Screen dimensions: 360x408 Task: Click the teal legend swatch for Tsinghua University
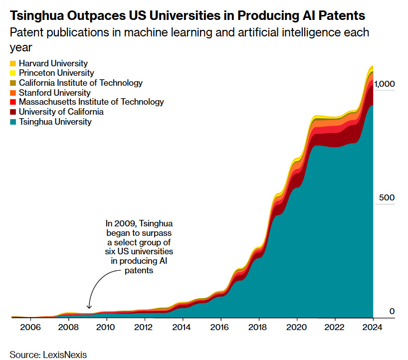pos(13,122)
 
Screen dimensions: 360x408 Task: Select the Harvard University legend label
pos(53,63)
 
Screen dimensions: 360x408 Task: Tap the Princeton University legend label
pos(56,73)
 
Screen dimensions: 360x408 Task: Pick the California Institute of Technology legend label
pos(80,83)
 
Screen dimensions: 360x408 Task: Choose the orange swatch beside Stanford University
pos(13,93)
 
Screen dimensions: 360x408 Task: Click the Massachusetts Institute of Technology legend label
pos(91,102)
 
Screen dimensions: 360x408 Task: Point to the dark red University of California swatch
pos(13,112)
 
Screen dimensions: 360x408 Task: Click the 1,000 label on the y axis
pos(385,84)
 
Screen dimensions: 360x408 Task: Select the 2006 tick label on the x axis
pos(29,328)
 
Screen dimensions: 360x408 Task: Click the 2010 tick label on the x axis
pos(105,328)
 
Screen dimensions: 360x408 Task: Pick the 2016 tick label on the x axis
pos(220,328)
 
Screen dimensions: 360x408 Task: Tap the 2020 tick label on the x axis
pos(297,328)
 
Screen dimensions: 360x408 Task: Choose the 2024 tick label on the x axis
pos(373,328)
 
